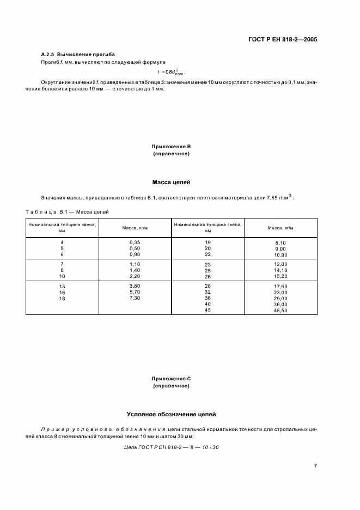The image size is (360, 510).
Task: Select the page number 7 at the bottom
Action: point(315,466)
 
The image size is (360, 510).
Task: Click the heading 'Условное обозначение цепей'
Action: point(172,414)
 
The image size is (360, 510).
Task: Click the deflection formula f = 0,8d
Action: point(170,71)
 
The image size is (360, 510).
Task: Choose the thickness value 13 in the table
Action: point(62,286)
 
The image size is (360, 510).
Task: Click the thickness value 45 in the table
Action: point(208,310)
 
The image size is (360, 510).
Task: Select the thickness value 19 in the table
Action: point(208,241)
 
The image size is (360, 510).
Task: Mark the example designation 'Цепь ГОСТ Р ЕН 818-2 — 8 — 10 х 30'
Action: point(172,448)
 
